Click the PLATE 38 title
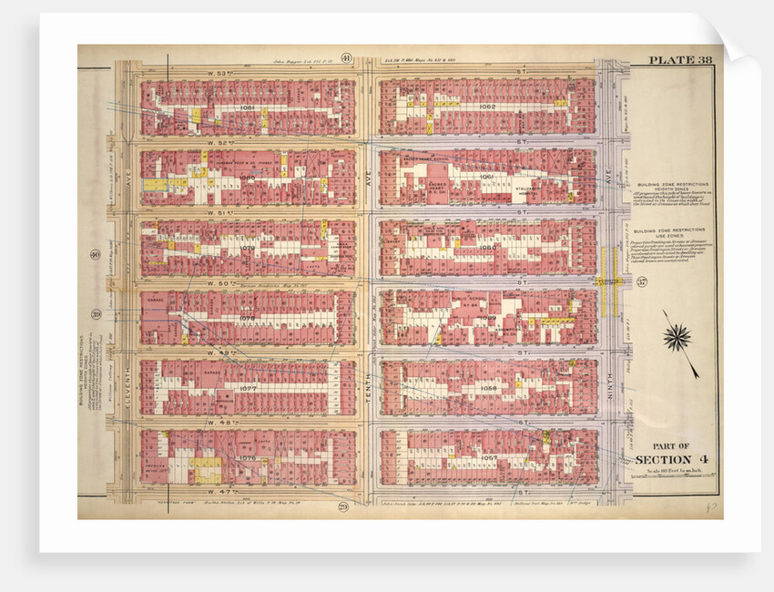pyautogui.click(x=679, y=61)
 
